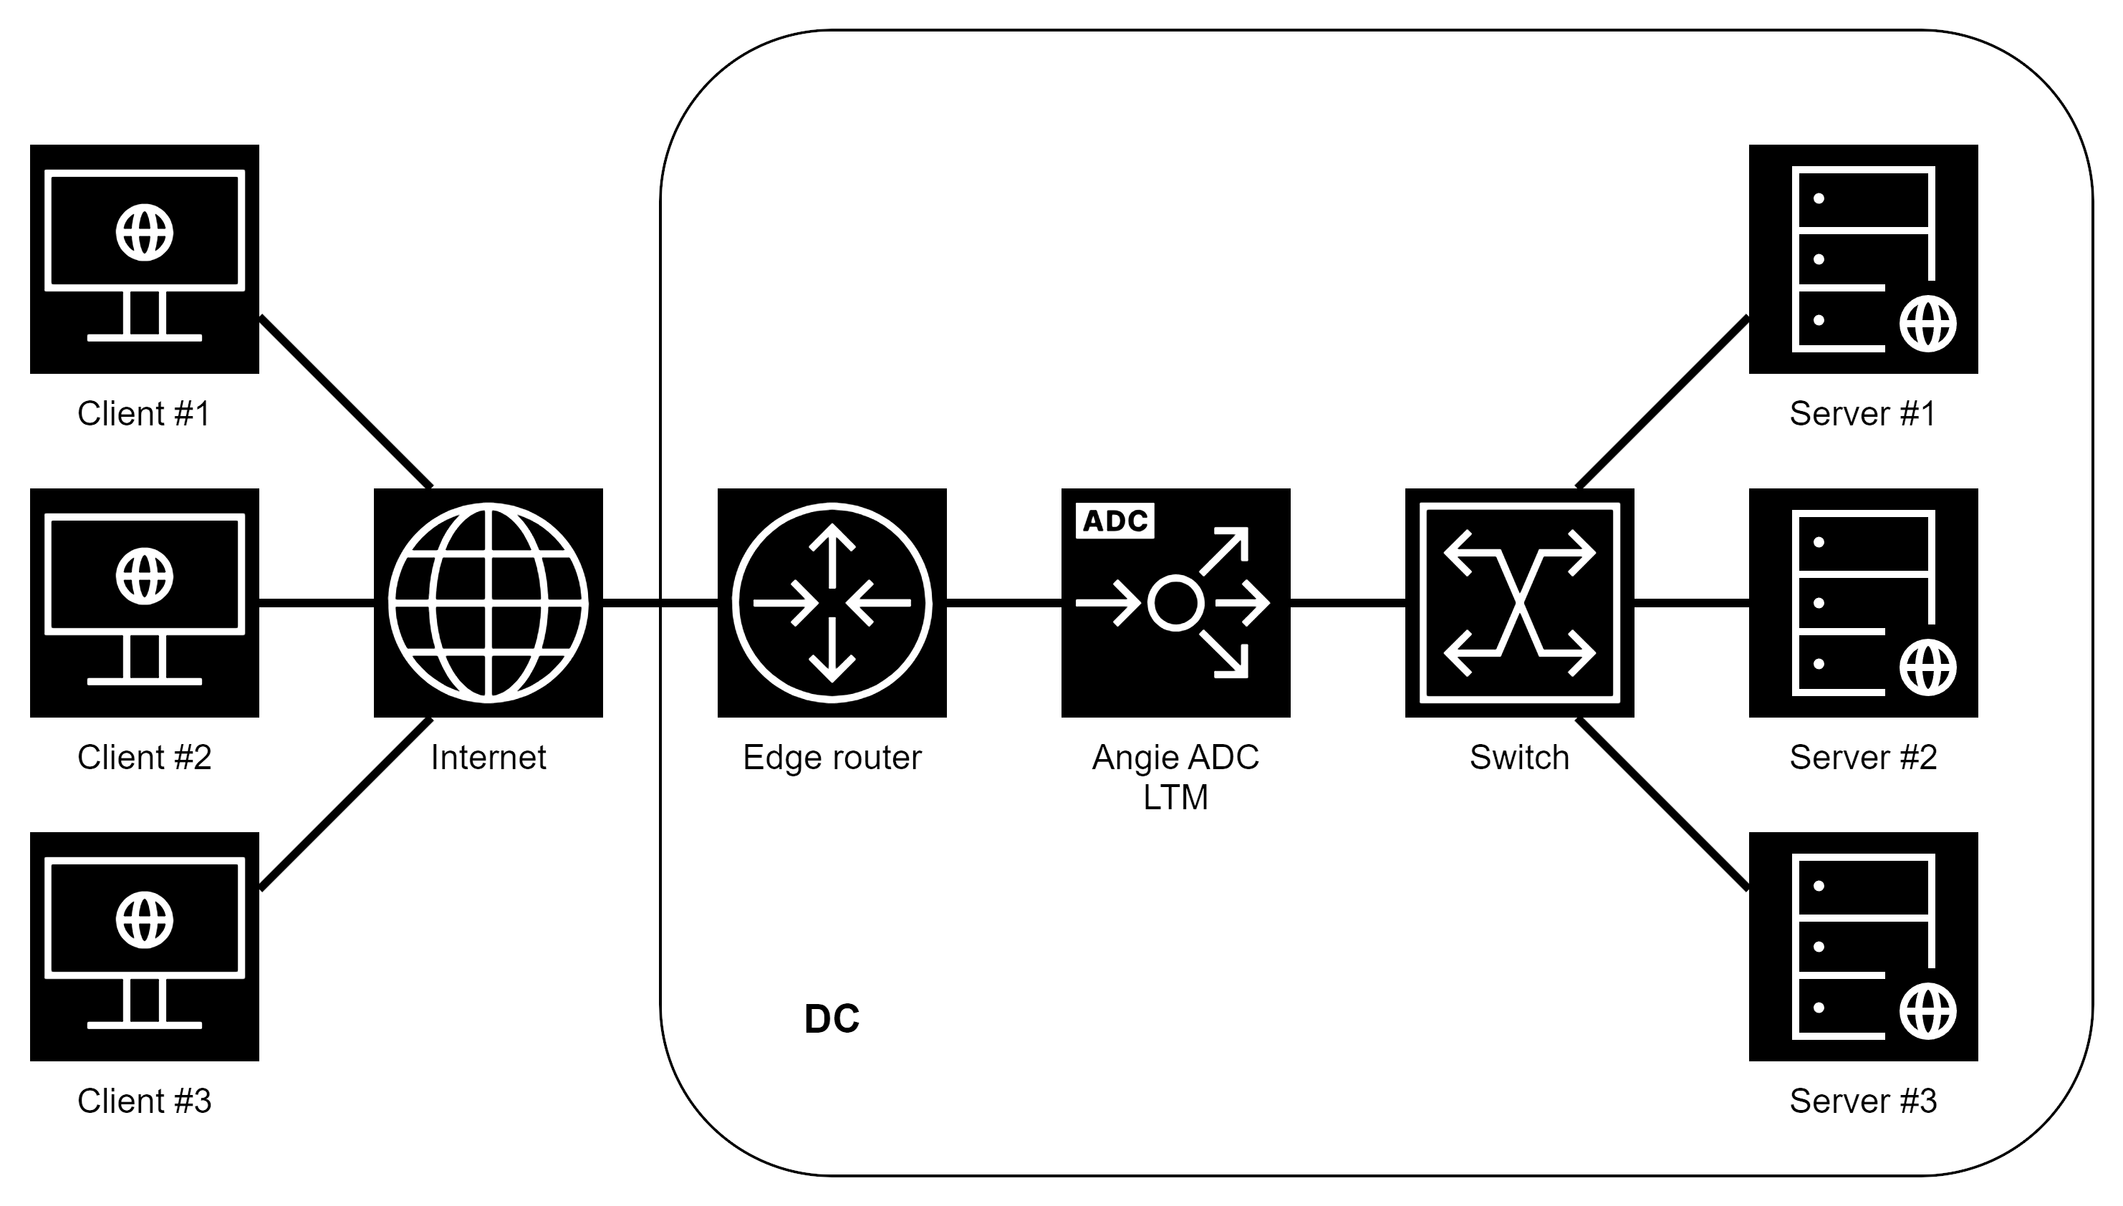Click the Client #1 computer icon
click(144, 259)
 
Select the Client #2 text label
click(144, 757)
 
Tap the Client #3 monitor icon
click(144, 947)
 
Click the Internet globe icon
click(488, 603)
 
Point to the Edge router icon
click(832, 603)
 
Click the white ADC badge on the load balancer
click(1115, 521)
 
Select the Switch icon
click(1519, 603)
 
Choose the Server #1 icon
click(1863, 259)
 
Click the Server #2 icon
click(1863, 603)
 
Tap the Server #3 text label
click(1863, 1101)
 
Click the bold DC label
click(832, 1019)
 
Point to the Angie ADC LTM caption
click(1175, 777)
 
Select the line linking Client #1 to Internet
click(345, 402)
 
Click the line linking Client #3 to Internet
click(345, 804)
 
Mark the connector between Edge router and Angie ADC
click(1004, 603)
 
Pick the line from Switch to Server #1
click(1662, 402)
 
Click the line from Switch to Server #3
click(1662, 804)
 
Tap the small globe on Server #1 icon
click(1927, 324)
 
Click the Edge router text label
click(832, 757)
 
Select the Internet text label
click(488, 757)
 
